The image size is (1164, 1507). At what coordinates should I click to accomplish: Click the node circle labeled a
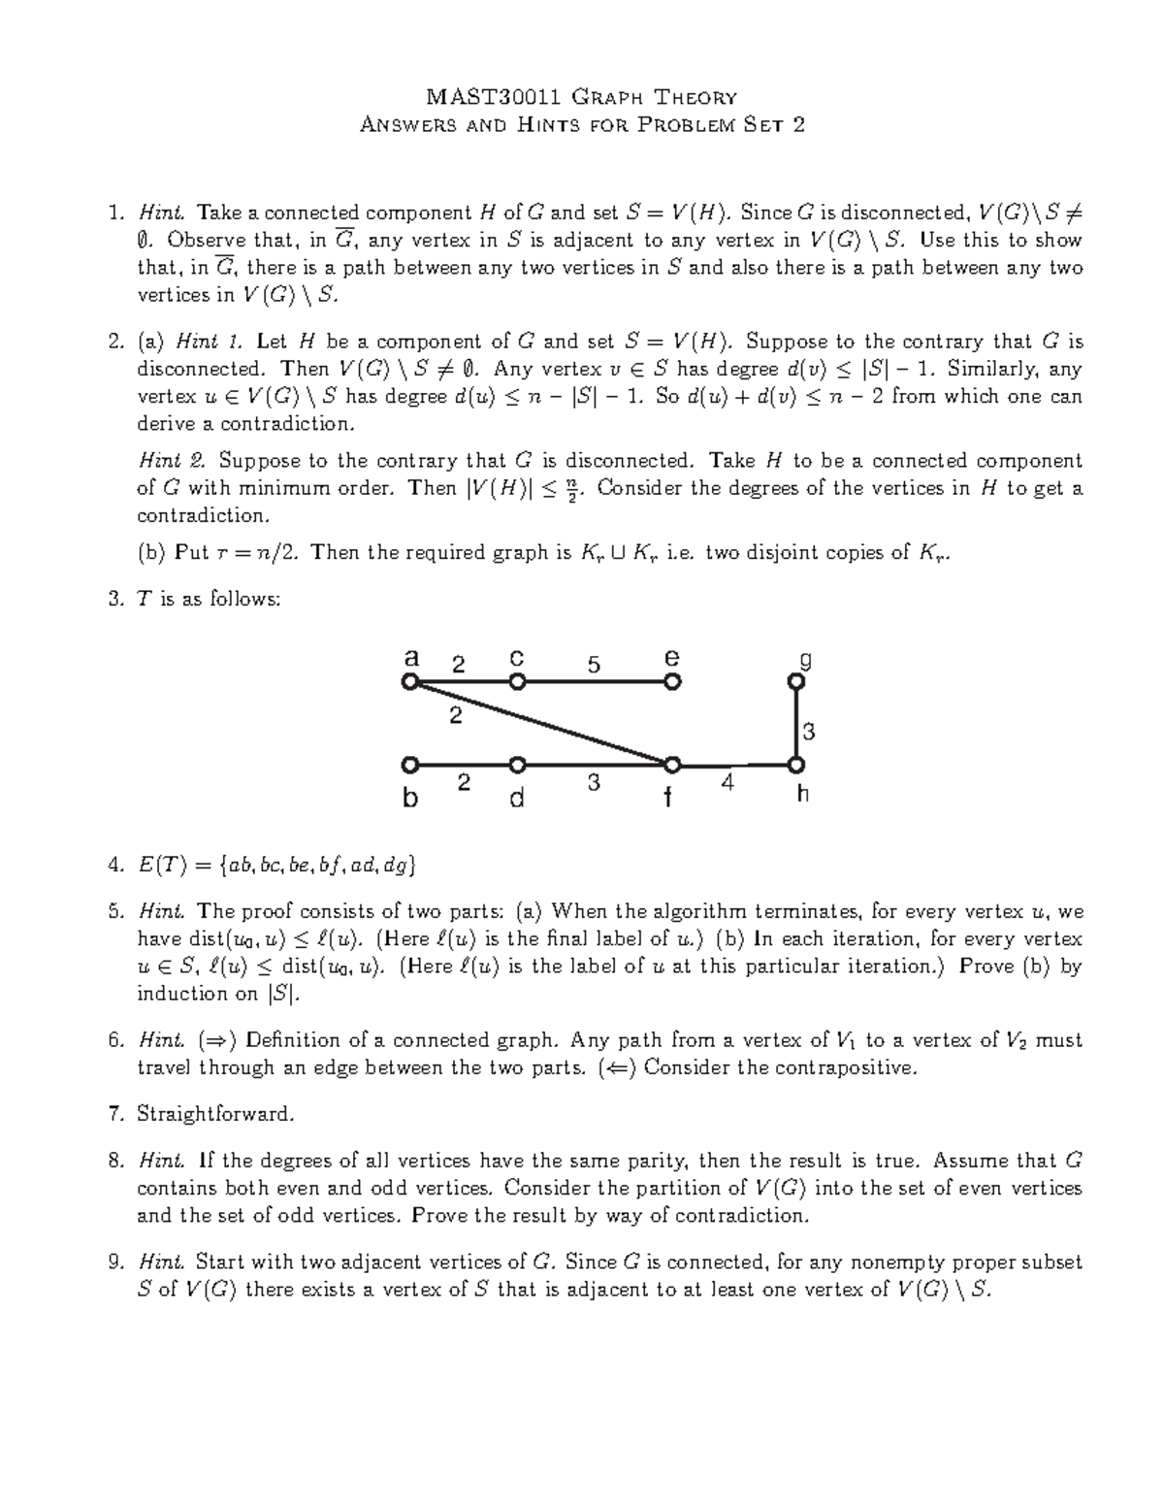[410, 682]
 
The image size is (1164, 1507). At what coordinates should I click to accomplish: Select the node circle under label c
[518, 682]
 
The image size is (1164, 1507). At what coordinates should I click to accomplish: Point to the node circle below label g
[796, 683]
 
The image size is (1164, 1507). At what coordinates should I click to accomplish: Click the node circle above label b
[410, 765]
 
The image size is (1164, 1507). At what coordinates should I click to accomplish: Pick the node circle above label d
[518, 765]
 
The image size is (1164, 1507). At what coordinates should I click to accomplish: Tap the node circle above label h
[796, 765]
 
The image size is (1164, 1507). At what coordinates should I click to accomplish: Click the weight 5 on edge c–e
[594, 665]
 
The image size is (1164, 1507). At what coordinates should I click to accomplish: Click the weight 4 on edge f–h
[728, 782]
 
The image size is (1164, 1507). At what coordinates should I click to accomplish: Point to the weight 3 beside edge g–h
[809, 731]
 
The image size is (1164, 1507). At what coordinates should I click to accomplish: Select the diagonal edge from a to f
[541, 724]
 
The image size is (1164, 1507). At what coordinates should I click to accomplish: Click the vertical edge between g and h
[796, 724]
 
